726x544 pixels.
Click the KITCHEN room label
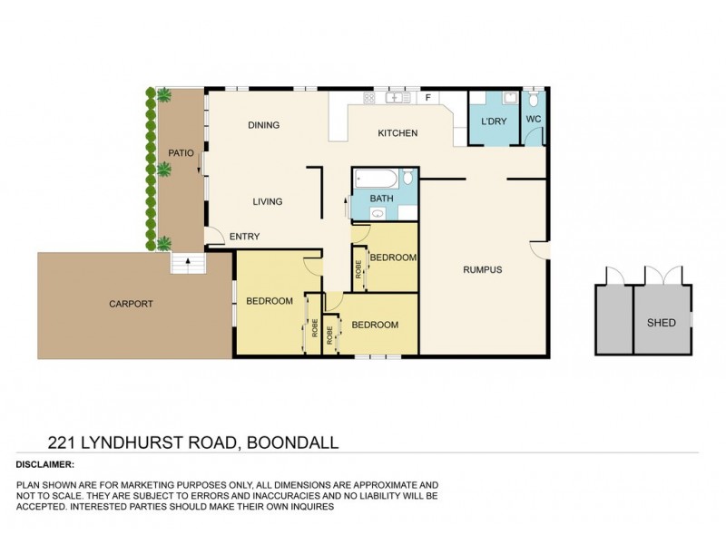tap(397, 133)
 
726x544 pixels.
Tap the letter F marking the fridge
tap(427, 97)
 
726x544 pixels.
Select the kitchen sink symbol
tap(397, 97)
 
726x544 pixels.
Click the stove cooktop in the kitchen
tap(370, 97)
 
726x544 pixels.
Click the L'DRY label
tap(494, 121)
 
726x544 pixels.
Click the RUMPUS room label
tap(482, 269)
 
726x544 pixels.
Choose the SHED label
tap(661, 322)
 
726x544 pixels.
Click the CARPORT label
tap(131, 304)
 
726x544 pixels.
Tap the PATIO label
tap(181, 153)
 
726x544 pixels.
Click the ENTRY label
tap(244, 237)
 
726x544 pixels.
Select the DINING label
tap(263, 125)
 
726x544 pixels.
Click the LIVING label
tap(268, 201)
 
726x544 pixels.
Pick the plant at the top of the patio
tap(164, 94)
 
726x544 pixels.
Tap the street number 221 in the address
tap(64, 442)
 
